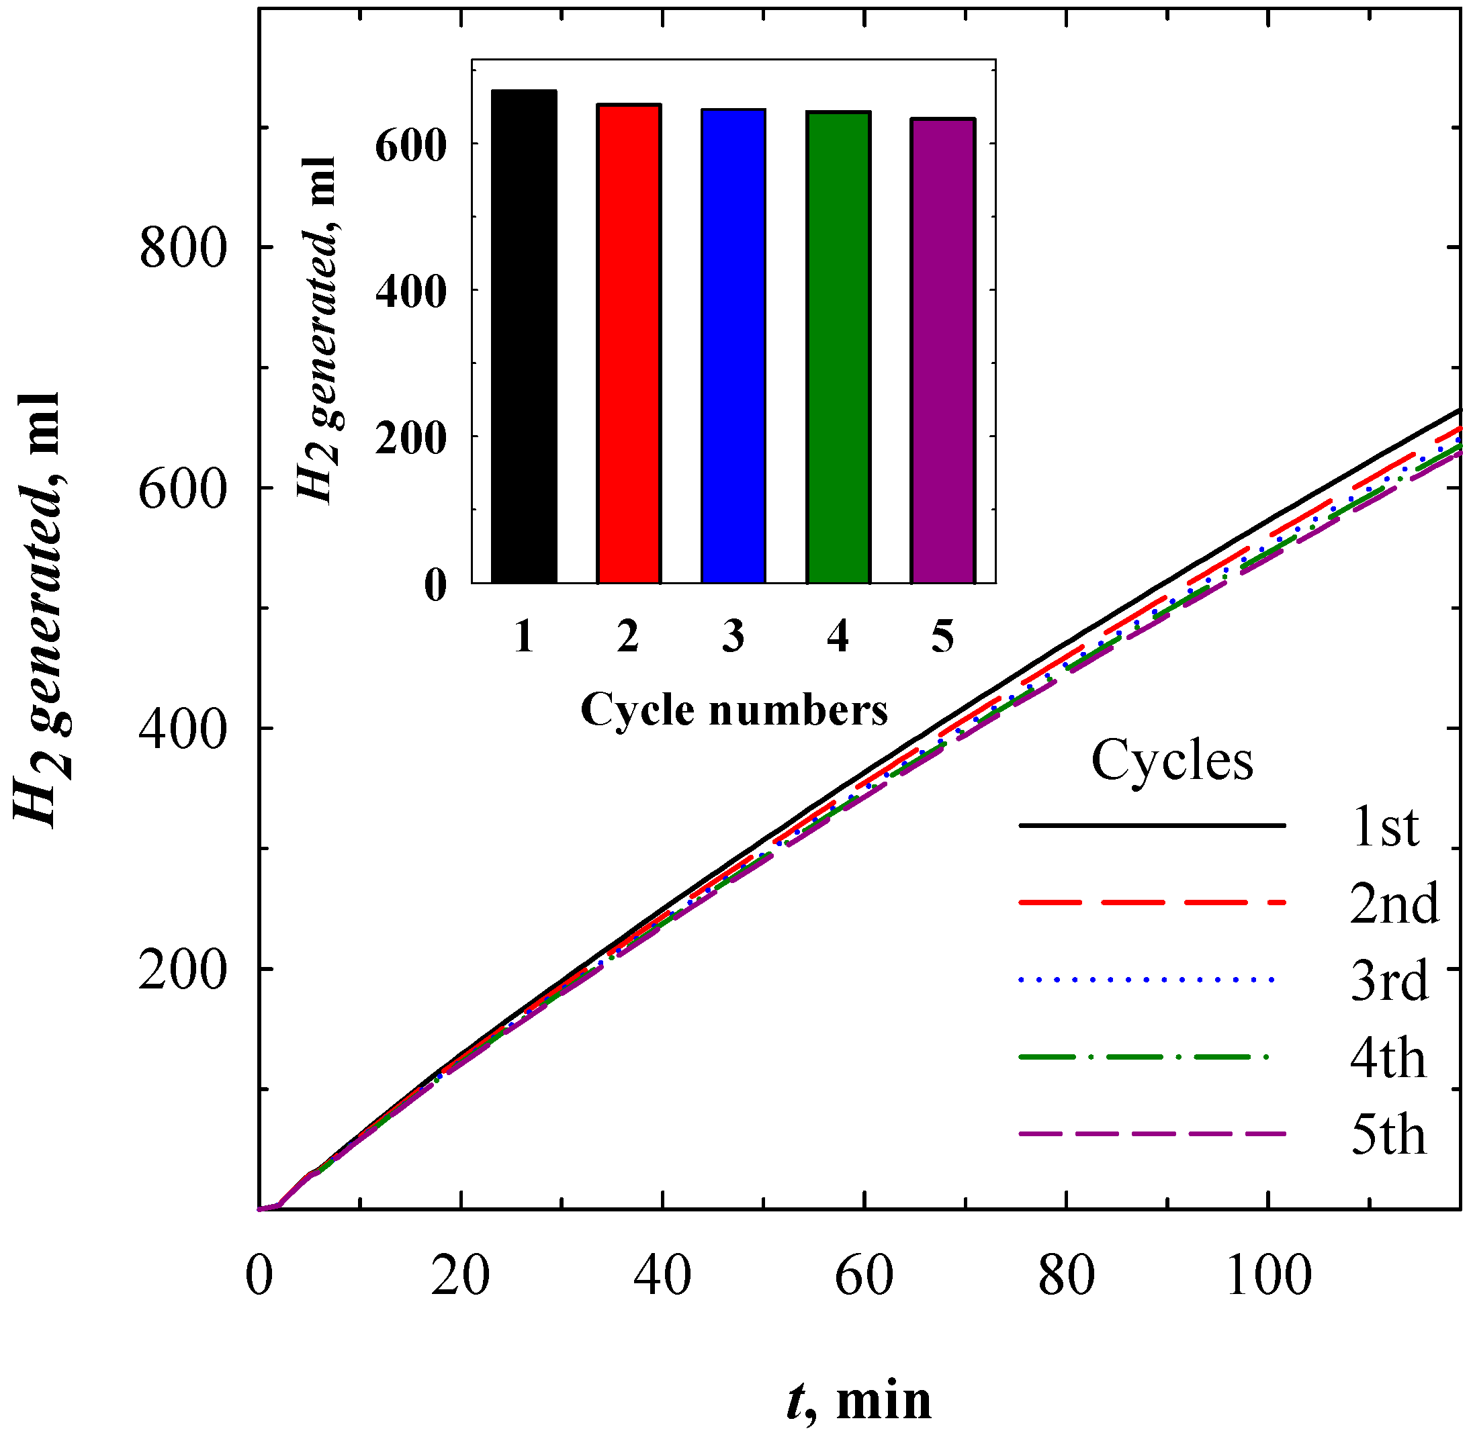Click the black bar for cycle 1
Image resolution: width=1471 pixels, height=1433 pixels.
click(x=524, y=336)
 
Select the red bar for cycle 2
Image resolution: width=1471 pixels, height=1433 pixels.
click(x=629, y=343)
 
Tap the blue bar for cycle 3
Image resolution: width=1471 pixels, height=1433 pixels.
click(x=733, y=346)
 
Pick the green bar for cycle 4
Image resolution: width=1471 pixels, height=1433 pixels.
click(x=838, y=347)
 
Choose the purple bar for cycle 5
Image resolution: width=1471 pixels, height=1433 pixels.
click(x=942, y=351)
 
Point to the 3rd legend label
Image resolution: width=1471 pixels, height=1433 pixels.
click(x=1389, y=982)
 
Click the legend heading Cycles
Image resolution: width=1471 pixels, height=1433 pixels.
click(x=1172, y=761)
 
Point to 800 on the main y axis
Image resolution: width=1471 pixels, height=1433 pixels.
click(x=183, y=248)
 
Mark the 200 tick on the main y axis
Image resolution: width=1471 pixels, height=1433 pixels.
click(x=183, y=970)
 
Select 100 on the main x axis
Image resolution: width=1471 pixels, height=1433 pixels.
click(x=1269, y=1277)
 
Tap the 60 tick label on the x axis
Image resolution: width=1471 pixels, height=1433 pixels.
click(x=864, y=1277)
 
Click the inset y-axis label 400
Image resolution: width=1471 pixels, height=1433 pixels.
click(x=411, y=291)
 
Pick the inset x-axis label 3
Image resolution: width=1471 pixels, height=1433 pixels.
click(x=733, y=637)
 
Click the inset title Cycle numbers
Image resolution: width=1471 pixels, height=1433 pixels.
click(x=734, y=709)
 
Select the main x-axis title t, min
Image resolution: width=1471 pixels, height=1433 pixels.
click(x=859, y=1401)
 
